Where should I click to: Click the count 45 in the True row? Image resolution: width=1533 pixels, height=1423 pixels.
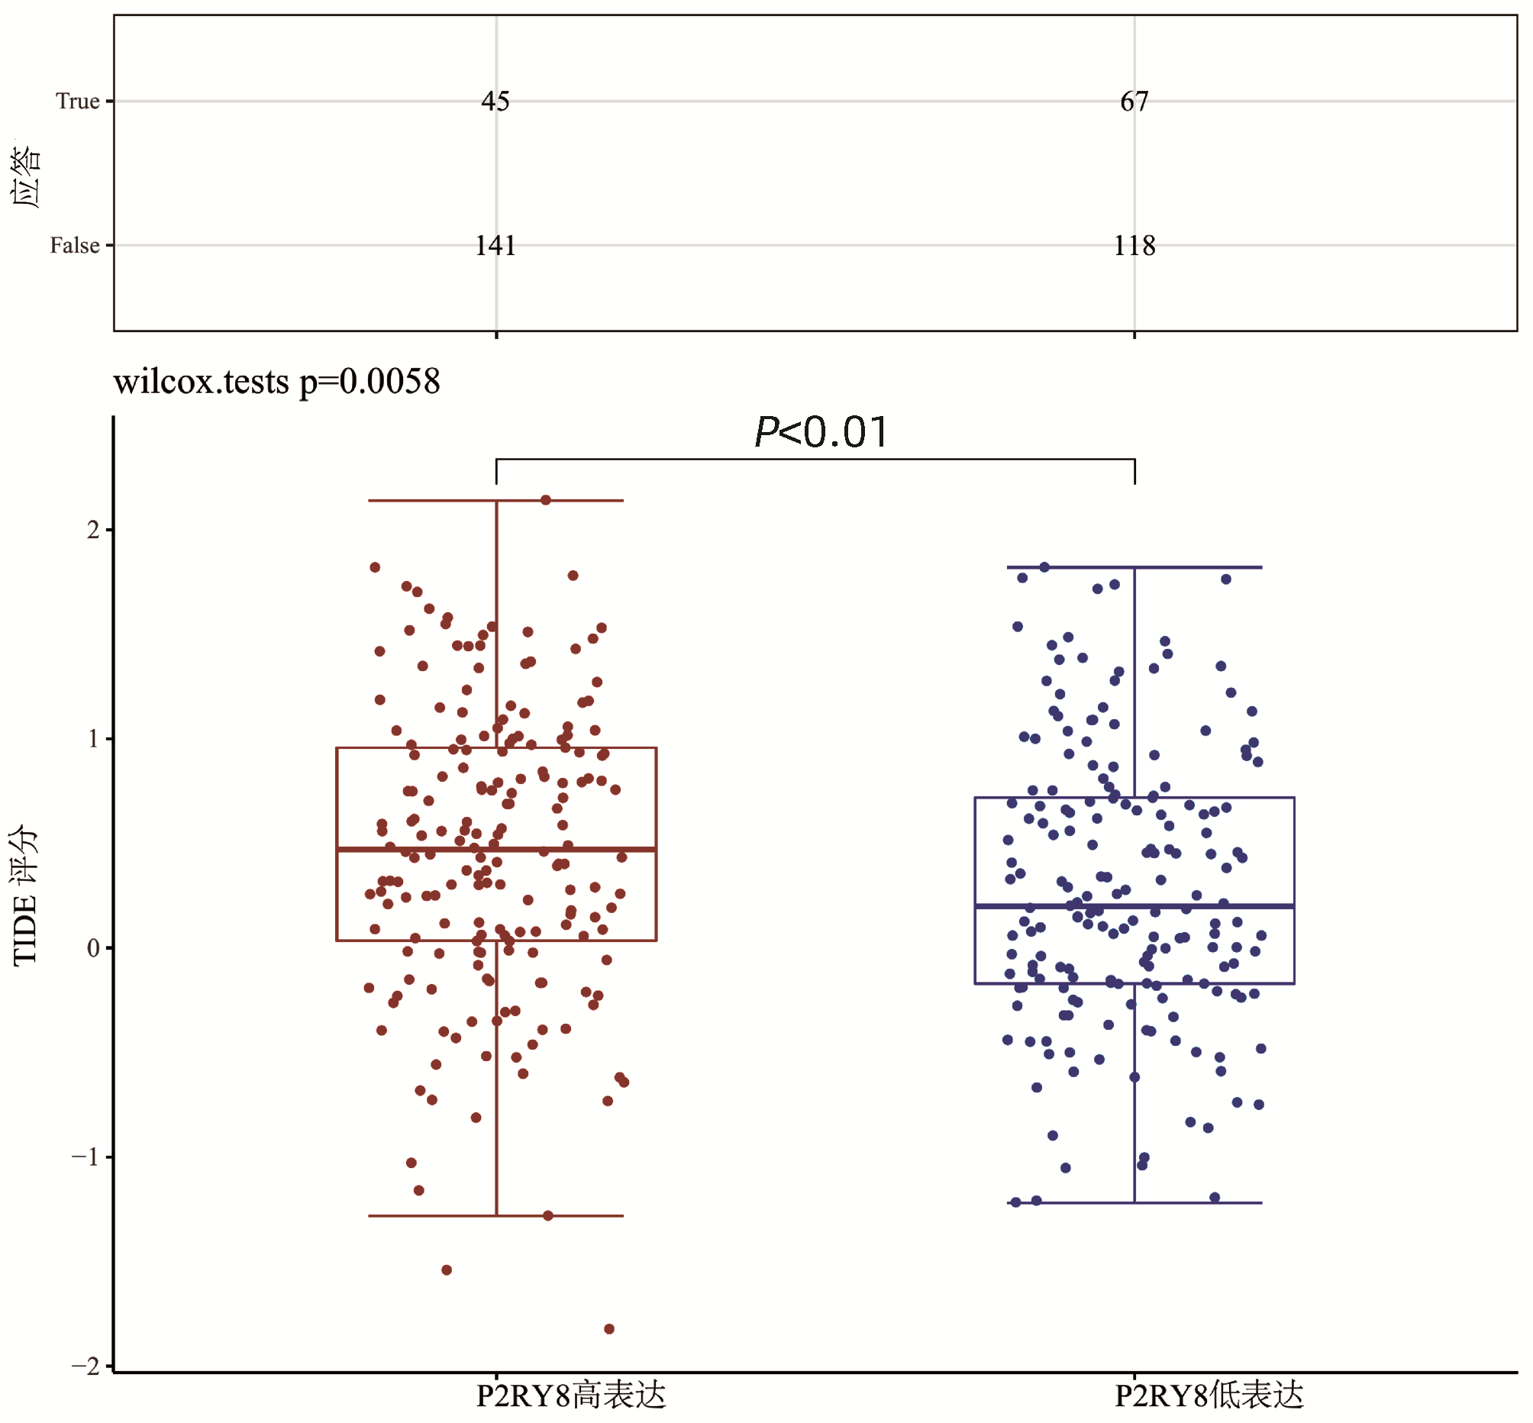click(495, 101)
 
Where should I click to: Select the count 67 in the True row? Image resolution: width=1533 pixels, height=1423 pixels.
click(1134, 101)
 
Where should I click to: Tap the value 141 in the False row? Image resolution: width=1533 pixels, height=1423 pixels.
click(495, 246)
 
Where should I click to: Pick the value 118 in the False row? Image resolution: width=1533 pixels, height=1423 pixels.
click(1134, 246)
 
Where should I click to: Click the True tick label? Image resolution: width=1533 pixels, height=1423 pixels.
click(78, 101)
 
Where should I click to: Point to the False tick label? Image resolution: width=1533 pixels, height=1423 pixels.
click(75, 246)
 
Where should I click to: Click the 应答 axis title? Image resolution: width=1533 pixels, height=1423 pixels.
click(25, 176)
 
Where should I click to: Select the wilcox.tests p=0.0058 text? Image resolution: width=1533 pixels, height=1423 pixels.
click(276, 381)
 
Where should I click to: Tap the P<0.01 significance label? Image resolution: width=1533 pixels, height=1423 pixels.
click(821, 431)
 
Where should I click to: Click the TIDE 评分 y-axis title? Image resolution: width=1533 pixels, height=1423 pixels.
click(24, 894)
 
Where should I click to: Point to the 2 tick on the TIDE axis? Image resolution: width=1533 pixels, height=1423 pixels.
click(93, 530)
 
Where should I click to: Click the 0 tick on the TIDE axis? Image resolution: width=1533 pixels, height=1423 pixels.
click(93, 948)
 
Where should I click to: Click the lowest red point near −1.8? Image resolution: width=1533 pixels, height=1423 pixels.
click(608, 1329)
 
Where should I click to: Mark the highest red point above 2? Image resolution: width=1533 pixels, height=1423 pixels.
click(545, 500)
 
